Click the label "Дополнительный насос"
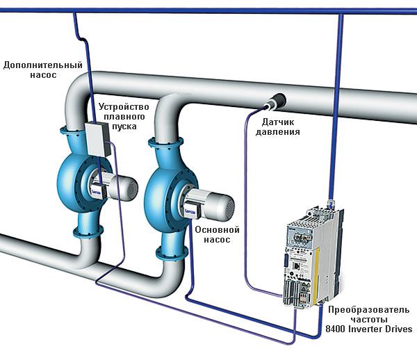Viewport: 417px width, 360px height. coord(43,69)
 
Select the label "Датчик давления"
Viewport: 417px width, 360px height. coord(281,126)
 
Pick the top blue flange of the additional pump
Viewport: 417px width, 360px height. coord(76,131)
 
